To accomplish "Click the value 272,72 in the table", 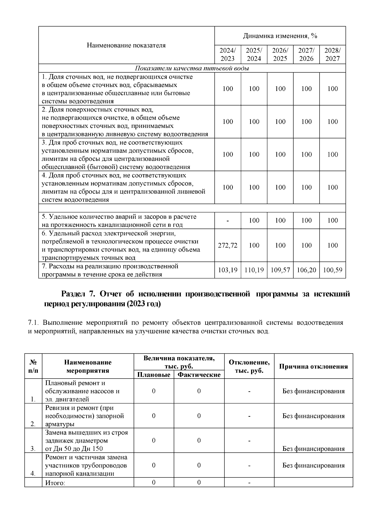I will tap(228, 245).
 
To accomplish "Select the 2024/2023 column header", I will tap(228, 54).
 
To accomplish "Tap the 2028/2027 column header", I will tap(332, 54).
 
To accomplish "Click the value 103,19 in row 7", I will tap(228, 270).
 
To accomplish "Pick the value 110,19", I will tap(254, 270).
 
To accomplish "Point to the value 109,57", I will tap(280, 270).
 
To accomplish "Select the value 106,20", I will tap(306, 270).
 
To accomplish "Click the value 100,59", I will tap(332, 270).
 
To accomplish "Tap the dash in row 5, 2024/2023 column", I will tap(228, 221).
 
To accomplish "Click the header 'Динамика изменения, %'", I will tap(280, 36).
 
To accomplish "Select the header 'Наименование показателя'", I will tap(126, 45).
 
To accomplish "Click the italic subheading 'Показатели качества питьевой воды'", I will tap(192, 68).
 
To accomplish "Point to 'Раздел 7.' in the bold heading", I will tap(79, 294).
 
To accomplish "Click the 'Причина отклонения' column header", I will tap(313, 367).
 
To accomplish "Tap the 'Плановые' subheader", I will tap(154, 375).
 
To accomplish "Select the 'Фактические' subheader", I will tap(199, 375).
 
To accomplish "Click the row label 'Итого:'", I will tap(55, 483).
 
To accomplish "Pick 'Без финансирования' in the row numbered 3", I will tap(313, 449).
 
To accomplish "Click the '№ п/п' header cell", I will tap(33, 366).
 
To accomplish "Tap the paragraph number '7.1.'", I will tap(34, 323).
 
